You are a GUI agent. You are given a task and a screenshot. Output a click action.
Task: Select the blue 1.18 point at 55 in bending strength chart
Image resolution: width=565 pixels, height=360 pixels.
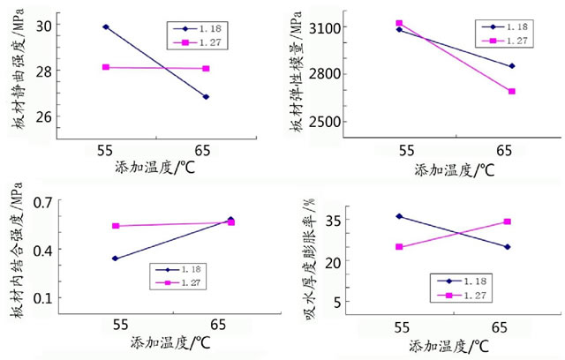tap(106, 26)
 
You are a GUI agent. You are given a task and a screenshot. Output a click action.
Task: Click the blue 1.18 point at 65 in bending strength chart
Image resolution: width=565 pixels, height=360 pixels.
tap(206, 97)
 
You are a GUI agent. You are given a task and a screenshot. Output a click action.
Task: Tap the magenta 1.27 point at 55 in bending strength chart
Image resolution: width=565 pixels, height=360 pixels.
tap(106, 67)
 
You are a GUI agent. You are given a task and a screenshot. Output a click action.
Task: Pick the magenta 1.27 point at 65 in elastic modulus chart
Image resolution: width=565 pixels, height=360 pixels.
tap(512, 92)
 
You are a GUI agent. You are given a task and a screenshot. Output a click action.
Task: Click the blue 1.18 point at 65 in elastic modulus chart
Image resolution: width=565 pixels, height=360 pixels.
tap(512, 66)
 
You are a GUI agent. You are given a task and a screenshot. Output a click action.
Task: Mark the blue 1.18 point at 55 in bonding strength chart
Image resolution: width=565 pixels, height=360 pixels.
tap(116, 259)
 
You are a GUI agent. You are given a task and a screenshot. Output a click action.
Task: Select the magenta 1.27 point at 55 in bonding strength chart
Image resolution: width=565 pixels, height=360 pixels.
tap(116, 226)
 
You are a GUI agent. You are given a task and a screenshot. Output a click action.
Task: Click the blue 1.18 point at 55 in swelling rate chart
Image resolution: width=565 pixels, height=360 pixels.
tap(399, 216)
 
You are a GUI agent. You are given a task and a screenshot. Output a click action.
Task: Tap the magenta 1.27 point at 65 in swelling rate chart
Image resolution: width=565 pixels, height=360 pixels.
tap(507, 221)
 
